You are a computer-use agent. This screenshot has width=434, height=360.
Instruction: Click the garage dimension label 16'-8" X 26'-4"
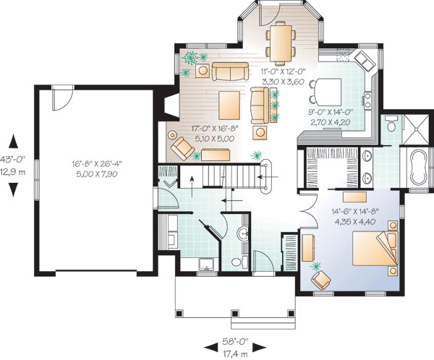click(x=97, y=163)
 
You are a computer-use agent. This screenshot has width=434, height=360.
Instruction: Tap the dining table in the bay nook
click(x=281, y=44)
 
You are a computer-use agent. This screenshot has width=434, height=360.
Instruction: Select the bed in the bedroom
click(x=375, y=249)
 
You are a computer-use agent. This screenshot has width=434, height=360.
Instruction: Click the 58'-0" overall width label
click(x=236, y=341)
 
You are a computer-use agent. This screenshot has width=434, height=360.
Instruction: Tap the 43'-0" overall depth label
click(x=13, y=159)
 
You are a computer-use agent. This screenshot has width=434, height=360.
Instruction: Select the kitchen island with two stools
click(x=325, y=90)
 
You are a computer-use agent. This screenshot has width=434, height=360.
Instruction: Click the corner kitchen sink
click(x=365, y=61)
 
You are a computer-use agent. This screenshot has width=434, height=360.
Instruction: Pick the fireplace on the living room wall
click(x=171, y=105)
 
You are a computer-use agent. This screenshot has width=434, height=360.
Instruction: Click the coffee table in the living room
click(x=229, y=105)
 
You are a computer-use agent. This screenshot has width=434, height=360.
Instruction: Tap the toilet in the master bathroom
click(x=391, y=125)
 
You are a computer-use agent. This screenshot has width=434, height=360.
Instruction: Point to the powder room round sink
click(x=243, y=234)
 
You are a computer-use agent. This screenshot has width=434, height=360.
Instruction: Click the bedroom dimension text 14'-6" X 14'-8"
click(x=355, y=212)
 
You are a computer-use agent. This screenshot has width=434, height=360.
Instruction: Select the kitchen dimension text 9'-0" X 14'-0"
click(x=331, y=112)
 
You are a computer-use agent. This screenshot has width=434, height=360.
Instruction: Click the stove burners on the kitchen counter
click(x=367, y=100)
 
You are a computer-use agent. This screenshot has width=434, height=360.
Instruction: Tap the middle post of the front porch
click(x=234, y=314)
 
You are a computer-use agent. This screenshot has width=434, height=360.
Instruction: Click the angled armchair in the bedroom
click(x=320, y=280)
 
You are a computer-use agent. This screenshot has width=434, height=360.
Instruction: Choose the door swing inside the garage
click(x=62, y=98)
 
